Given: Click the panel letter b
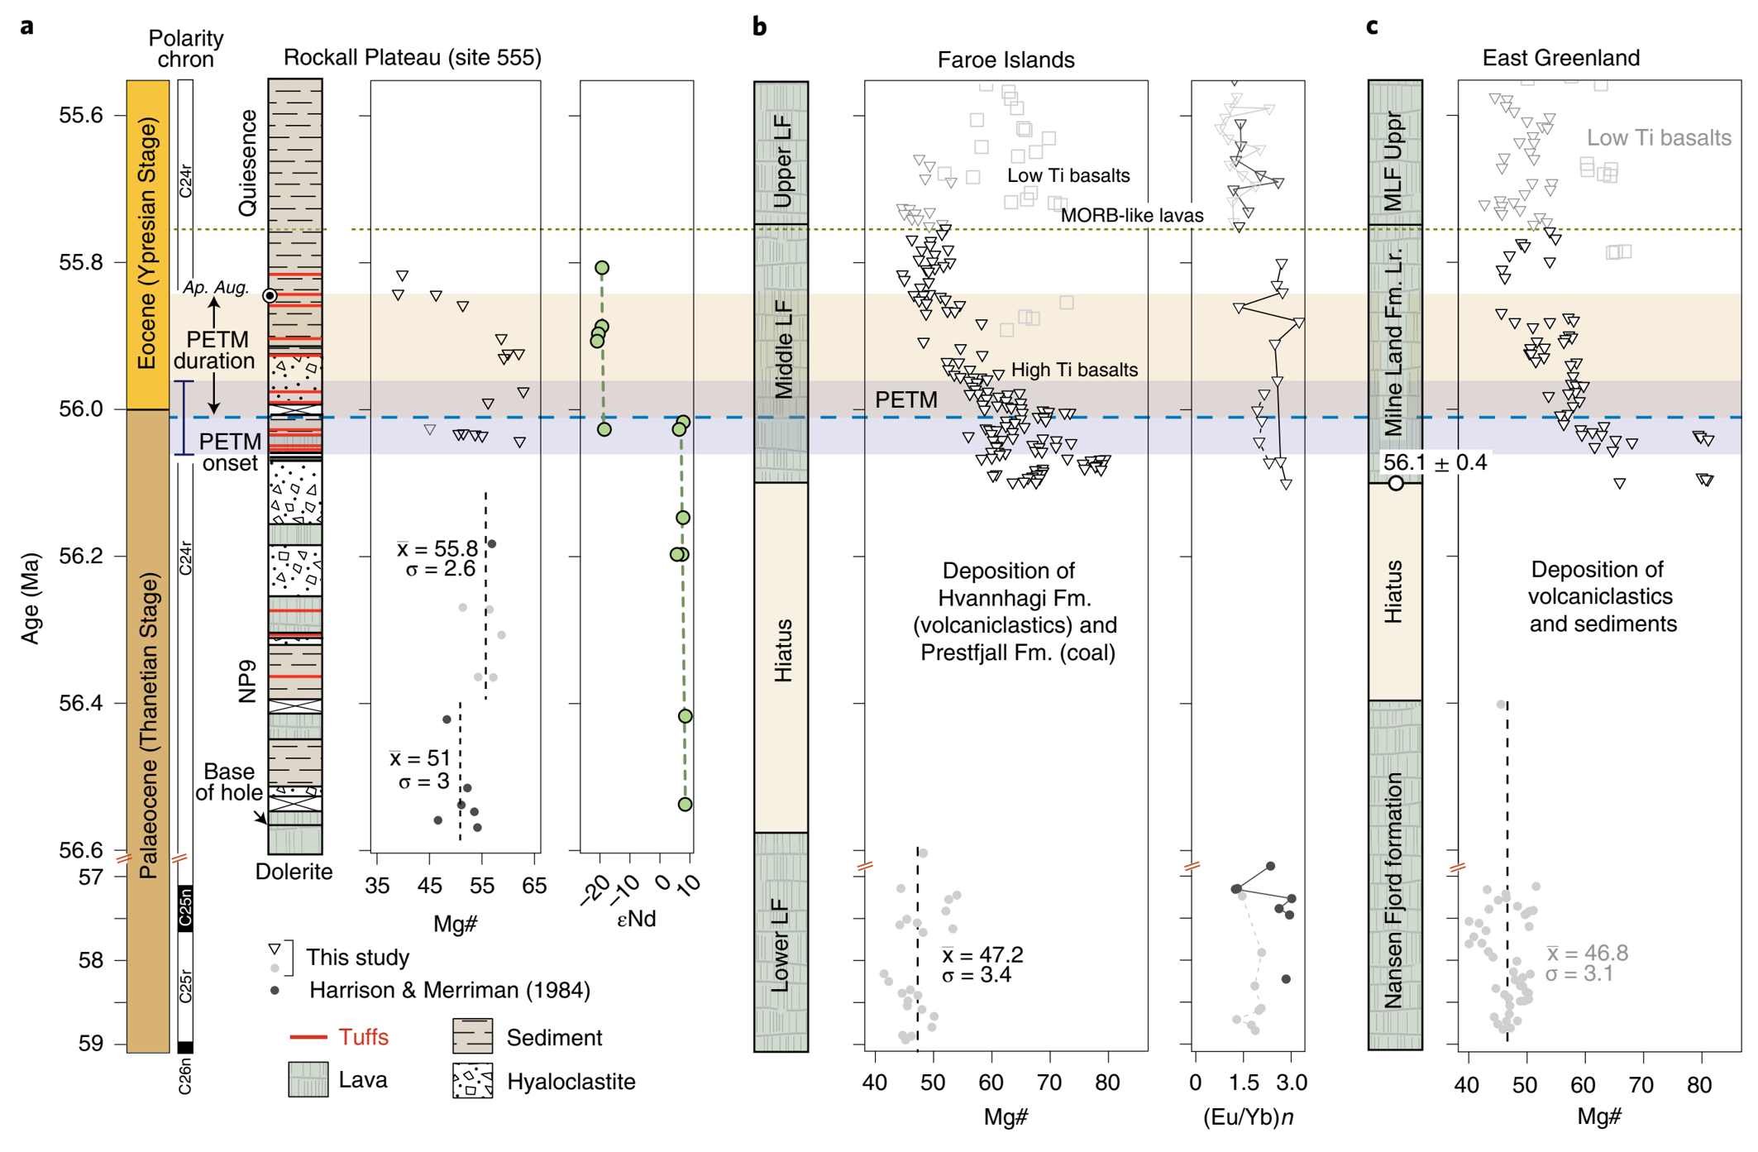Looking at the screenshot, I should [759, 27].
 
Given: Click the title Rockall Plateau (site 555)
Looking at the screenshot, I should [412, 58].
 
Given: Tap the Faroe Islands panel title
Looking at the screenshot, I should [1006, 60].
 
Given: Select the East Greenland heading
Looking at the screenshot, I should [1560, 58].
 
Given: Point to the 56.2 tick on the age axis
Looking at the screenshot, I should [80, 556].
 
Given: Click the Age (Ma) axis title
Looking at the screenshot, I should [31, 598].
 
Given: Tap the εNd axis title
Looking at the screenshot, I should [636, 919].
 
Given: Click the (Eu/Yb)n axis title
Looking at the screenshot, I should [1248, 1117].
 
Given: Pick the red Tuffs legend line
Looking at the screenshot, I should [315, 1037].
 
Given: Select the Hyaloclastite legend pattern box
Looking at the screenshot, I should [472, 1081].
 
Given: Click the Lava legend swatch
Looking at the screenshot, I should [308, 1080].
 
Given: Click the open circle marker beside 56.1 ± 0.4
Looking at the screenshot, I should [1396, 483].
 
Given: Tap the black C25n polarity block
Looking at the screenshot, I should [185, 908].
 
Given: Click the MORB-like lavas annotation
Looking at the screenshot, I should [1131, 216].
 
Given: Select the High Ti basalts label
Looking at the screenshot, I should [1074, 370].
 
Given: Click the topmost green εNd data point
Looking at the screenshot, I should [602, 267].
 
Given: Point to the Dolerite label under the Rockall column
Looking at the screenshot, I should [294, 872].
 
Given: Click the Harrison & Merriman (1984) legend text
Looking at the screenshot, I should [449, 991].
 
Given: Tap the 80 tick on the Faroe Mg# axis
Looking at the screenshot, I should [1107, 1083].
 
